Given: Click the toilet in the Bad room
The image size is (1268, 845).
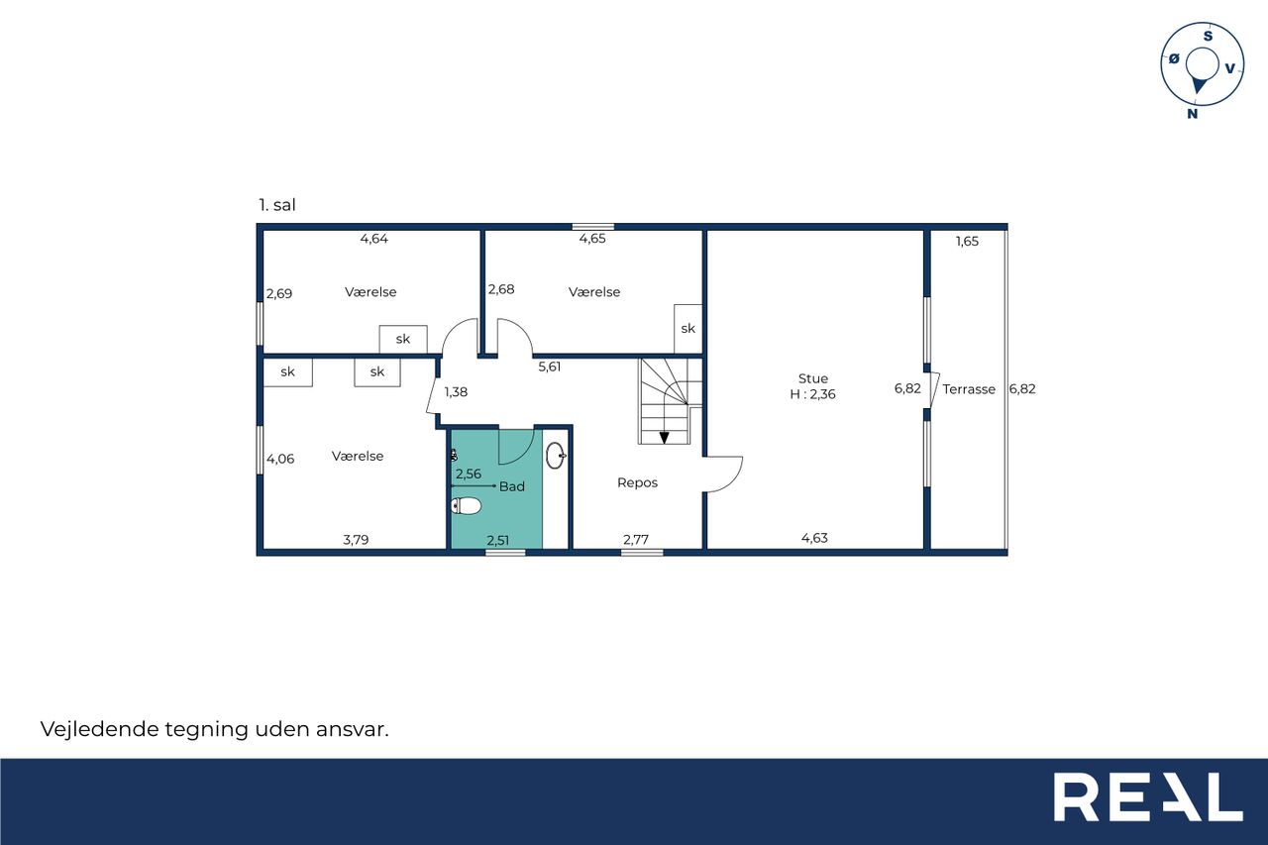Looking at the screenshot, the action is click(x=466, y=505).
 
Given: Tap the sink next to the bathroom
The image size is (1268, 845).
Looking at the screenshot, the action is click(x=556, y=456).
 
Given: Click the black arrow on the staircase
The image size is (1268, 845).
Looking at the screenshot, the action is click(x=664, y=438).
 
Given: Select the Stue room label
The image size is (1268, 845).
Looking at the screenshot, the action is click(x=813, y=378).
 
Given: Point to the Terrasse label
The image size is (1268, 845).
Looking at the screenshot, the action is click(x=969, y=389).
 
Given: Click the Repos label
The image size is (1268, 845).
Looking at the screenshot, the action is click(x=637, y=482).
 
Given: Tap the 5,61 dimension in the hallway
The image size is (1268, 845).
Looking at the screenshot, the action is click(x=549, y=367).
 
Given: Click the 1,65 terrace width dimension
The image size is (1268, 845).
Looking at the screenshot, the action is click(x=967, y=241).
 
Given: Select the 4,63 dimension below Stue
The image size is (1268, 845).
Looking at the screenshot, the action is click(x=814, y=538).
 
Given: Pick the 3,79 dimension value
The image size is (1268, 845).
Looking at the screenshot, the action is click(x=356, y=540).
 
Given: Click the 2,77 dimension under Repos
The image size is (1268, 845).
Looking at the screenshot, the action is click(x=636, y=539).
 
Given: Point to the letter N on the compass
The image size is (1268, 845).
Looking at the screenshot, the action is click(x=1192, y=114).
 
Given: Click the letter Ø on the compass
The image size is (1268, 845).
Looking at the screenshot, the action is click(x=1174, y=58).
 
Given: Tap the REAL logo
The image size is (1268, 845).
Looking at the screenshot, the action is click(x=1148, y=796).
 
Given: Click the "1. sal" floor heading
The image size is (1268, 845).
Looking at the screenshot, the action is click(x=276, y=205).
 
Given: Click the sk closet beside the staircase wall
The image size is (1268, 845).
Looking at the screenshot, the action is click(x=687, y=329).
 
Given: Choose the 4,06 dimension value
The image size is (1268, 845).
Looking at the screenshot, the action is click(x=280, y=459).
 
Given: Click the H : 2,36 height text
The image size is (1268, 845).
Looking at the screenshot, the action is click(x=812, y=394).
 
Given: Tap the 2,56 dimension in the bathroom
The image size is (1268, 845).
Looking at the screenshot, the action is click(x=469, y=474).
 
